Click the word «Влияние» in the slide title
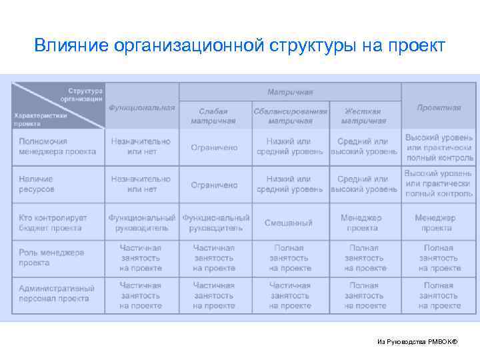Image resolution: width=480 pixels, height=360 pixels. coord(71,46)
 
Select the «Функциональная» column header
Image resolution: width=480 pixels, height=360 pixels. coord(142,107)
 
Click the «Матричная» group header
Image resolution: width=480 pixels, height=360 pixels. coord(290,92)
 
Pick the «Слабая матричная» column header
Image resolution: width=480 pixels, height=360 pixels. coord(213,116)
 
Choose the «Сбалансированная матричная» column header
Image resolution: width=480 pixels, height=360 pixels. coord(290,116)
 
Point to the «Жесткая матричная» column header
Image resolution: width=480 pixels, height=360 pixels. coord(363,116)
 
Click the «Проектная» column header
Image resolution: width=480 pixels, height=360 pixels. coord(439,107)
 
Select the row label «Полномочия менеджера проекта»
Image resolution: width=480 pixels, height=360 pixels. coord(57,147)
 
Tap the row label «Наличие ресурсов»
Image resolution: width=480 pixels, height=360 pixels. coord(37,184)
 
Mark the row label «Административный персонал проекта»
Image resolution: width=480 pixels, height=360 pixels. coord(57,293)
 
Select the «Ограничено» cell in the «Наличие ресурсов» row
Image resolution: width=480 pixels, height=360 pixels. coord(214,185)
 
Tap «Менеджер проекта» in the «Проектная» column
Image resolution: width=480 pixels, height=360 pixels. coord(435,223)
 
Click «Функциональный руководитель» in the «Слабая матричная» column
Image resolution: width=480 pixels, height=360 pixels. coord(216,223)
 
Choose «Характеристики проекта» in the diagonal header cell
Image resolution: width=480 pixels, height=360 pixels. coord(41,119)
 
